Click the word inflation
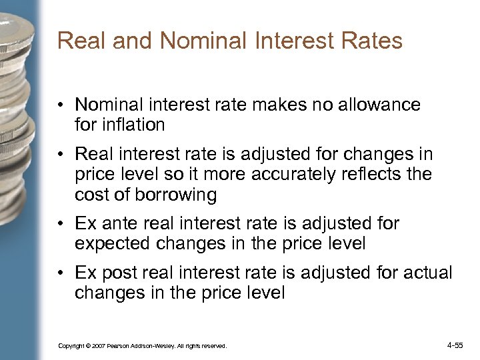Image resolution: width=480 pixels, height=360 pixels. point(132,124)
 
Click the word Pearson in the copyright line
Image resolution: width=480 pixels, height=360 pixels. point(122,347)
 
